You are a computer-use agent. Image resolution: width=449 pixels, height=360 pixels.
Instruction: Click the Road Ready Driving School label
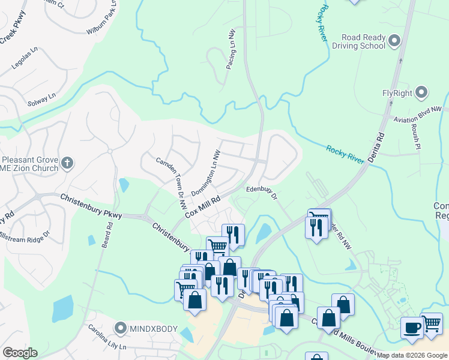pos(363,41)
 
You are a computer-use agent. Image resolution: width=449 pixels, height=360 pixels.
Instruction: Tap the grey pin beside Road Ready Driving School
pos(394,41)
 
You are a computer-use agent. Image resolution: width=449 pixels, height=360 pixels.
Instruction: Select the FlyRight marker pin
pos(421,93)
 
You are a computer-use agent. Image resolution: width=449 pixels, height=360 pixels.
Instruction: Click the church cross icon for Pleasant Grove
pos(67,162)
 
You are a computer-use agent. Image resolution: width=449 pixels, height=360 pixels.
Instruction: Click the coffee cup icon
pos(411,328)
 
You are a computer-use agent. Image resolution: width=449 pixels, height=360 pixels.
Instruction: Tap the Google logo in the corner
pos(20,353)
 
